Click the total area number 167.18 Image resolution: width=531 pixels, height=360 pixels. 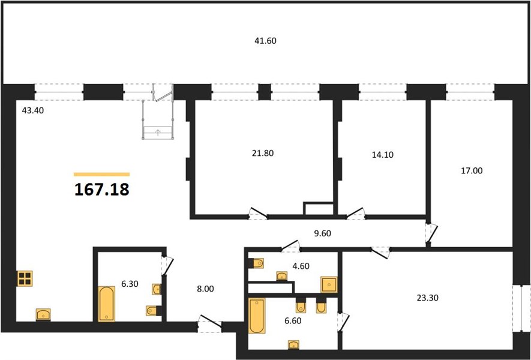[101, 190]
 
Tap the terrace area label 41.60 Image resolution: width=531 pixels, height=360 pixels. [265, 41]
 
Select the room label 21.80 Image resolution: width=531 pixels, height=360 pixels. [263, 153]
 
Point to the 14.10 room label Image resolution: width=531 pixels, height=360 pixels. [383, 155]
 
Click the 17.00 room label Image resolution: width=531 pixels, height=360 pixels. [472, 170]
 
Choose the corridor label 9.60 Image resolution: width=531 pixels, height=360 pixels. [322, 233]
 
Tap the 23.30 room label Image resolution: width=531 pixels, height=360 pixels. [428, 298]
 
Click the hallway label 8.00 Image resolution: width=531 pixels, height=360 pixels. [205, 289]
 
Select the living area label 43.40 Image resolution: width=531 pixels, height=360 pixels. [33, 110]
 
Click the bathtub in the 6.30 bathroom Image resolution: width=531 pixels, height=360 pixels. [106, 304]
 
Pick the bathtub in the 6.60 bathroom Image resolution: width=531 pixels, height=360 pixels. [257, 316]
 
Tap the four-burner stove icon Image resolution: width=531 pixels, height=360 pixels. [25, 278]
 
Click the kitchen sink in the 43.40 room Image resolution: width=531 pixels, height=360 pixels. [43, 314]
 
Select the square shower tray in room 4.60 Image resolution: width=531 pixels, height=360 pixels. [329, 284]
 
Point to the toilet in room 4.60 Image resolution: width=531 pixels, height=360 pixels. [256, 263]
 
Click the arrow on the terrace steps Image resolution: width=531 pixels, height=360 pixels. [157, 133]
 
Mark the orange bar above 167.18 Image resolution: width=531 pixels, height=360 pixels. [101, 175]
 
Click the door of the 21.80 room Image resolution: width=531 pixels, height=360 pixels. [258, 214]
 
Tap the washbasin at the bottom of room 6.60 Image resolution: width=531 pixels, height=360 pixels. [293, 345]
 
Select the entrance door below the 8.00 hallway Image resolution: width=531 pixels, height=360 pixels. [210, 324]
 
